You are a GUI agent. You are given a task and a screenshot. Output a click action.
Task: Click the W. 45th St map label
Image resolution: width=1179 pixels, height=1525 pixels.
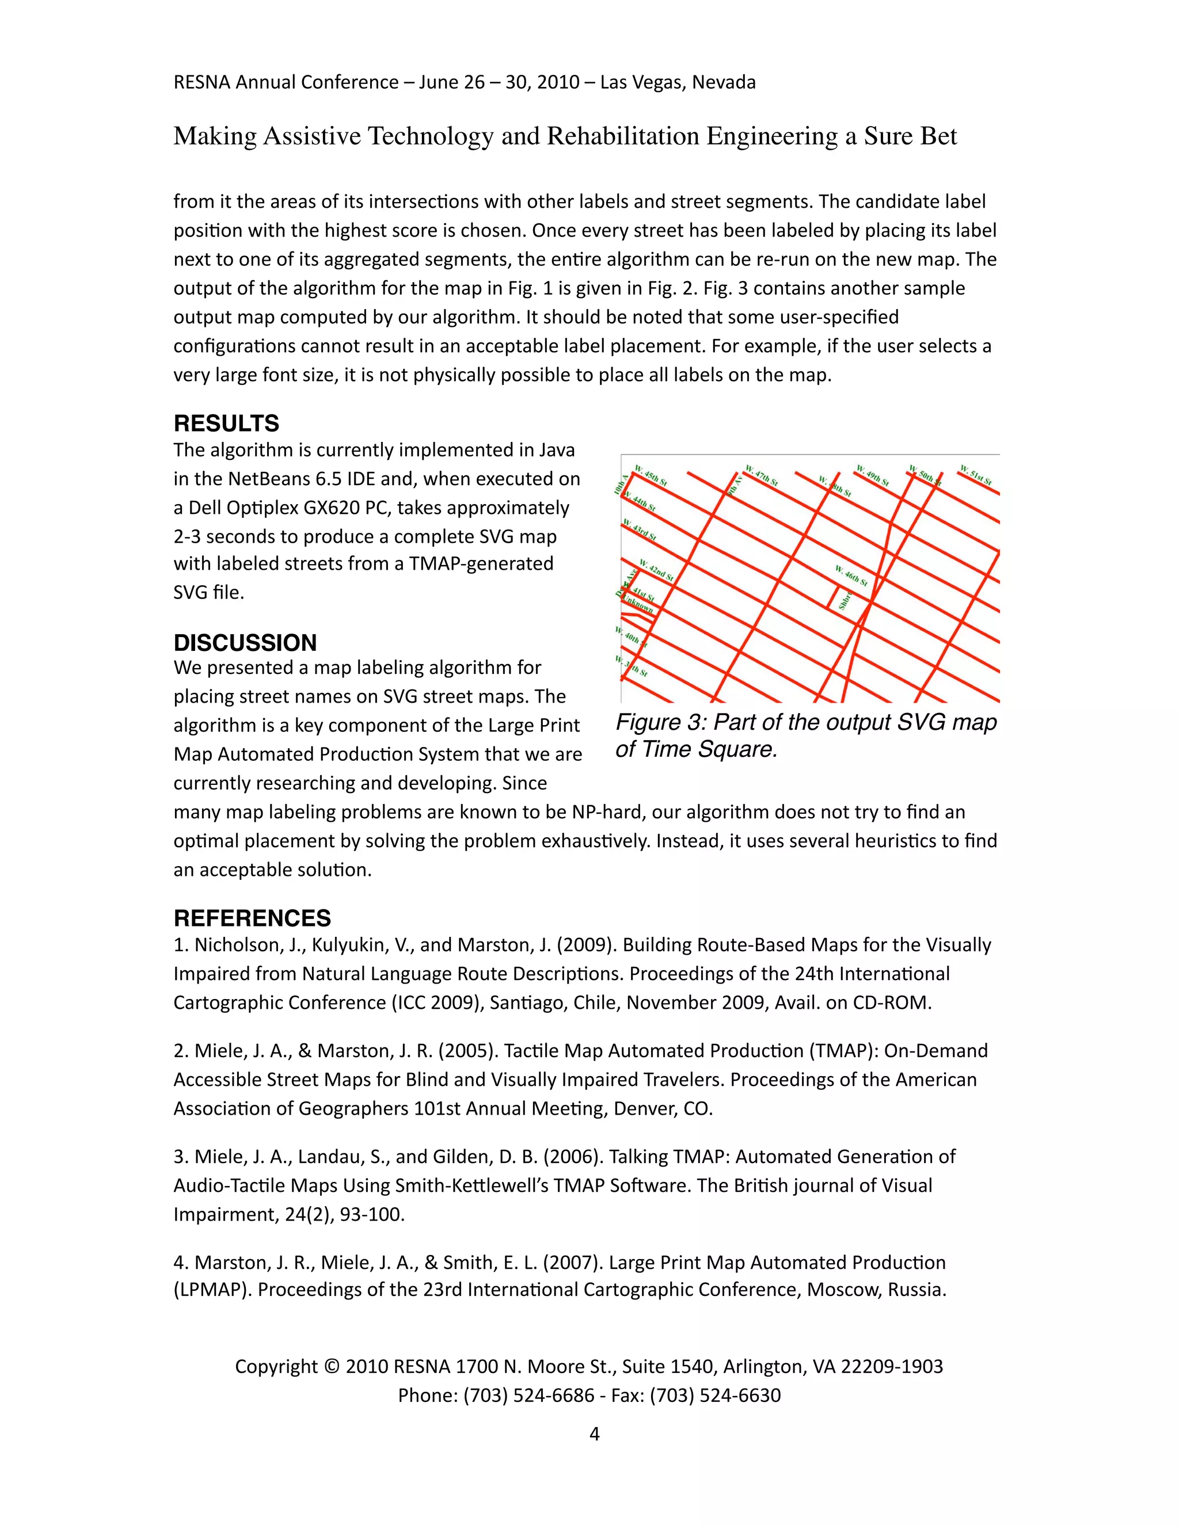tap(651, 475)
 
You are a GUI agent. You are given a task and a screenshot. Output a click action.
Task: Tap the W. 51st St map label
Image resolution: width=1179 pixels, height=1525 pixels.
tap(976, 475)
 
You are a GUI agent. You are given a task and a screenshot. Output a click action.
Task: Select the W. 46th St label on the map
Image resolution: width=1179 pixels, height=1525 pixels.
tap(851, 576)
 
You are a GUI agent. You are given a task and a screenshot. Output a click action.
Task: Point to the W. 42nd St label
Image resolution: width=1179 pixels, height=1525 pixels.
tap(656, 570)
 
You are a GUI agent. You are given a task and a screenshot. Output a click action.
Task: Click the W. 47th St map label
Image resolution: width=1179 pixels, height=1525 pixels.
tap(761, 475)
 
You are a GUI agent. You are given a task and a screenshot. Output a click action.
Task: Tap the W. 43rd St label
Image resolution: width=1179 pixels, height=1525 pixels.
tap(640, 530)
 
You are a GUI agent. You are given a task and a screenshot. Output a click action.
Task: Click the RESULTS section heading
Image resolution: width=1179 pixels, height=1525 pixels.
tap(226, 423)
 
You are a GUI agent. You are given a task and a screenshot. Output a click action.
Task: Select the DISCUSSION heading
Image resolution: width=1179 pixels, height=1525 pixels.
tap(245, 642)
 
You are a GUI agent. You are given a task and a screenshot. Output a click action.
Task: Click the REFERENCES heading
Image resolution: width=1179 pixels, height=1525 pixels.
tap(252, 917)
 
